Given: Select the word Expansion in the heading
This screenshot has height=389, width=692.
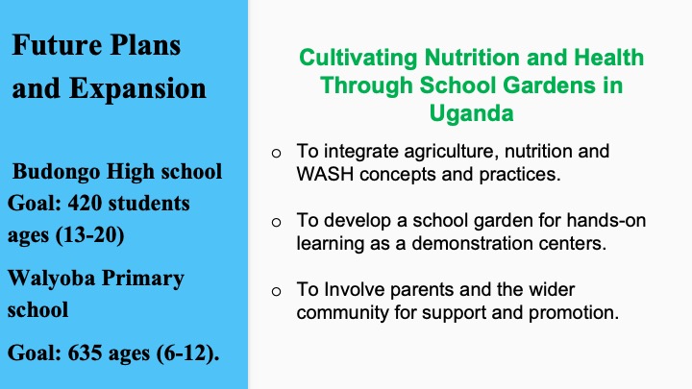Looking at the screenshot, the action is click(137, 89).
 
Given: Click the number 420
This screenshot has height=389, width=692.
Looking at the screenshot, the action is click(85, 204).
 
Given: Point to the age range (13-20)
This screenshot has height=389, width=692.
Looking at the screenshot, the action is click(90, 235).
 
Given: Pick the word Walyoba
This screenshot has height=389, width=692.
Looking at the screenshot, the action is click(51, 279).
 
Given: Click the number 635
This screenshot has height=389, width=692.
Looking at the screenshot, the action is click(85, 353).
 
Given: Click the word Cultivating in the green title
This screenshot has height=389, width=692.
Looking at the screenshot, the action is click(358, 58).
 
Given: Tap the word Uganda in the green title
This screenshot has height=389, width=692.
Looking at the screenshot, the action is click(471, 113).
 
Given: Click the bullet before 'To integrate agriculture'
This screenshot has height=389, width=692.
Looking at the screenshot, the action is click(276, 154).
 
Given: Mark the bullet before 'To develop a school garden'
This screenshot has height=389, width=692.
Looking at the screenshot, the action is click(276, 222).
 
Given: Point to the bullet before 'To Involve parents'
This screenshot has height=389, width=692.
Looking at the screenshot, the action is click(276, 292).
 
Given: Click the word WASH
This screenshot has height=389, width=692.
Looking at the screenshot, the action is click(325, 174).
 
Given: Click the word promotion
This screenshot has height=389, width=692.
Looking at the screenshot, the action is click(574, 313).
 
